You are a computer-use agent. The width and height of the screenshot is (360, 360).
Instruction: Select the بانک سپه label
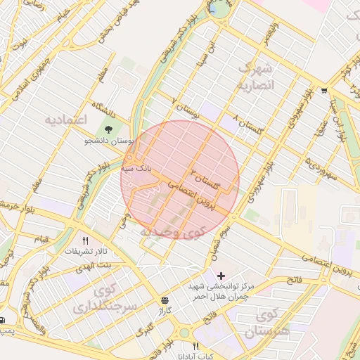point(136,169)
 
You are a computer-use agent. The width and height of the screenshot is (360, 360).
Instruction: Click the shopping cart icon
point(323,91)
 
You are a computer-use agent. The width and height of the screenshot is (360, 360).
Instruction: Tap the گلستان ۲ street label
point(205,179)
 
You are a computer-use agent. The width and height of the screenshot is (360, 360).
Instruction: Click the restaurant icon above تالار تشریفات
point(86,240)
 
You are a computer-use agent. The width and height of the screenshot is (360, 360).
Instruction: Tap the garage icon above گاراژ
point(165,300)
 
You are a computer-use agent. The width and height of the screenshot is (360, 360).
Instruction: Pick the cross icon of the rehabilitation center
point(221,275)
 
